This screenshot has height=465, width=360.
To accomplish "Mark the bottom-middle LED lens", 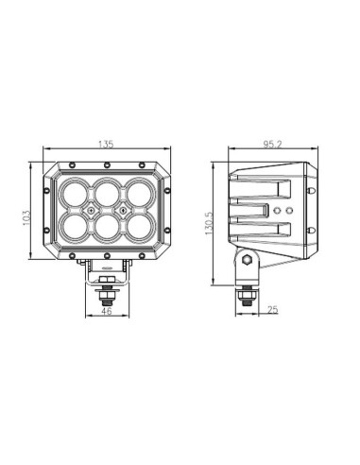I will [106, 231].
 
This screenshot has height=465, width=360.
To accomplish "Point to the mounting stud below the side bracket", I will [247, 294].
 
